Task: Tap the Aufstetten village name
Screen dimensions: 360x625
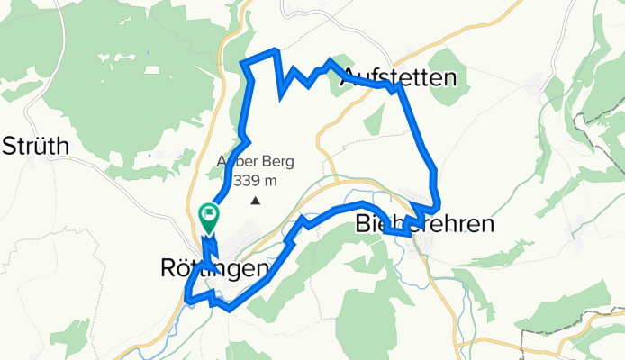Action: [x=399, y=78]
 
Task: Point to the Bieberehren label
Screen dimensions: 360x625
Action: [x=425, y=224]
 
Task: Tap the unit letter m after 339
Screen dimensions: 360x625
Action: [x=269, y=182]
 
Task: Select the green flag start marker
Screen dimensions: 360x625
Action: [x=208, y=214]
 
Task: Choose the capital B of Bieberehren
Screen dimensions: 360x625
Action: [x=363, y=224]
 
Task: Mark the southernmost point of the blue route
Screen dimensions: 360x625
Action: [x=231, y=309]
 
